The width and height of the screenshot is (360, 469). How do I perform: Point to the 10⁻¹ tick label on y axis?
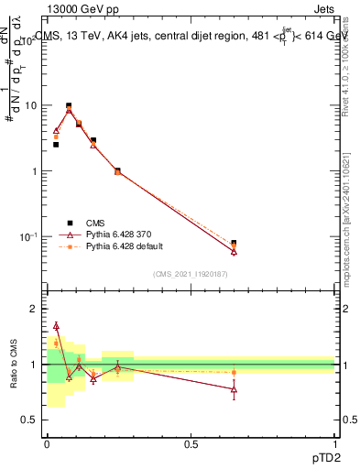(x=27, y=236)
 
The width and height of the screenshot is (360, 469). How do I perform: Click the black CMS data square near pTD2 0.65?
(x=234, y=244)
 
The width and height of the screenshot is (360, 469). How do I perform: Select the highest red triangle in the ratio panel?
(x=56, y=325)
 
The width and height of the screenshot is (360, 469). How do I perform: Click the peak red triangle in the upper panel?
(x=69, y=110)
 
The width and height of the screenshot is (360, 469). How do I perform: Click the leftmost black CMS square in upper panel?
(x=56, y=145)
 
